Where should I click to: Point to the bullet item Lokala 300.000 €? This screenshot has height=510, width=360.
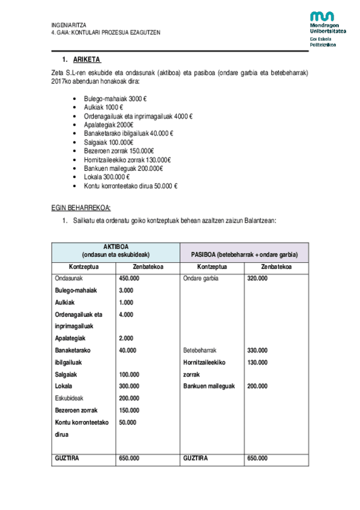click(107, 177)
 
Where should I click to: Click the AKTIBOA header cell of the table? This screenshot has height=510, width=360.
click(116, 251)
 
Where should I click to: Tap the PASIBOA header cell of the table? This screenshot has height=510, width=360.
click(244, 254)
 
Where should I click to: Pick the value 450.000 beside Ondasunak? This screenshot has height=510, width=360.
click(129, 278)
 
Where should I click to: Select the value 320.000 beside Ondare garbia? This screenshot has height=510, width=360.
click(257, 278)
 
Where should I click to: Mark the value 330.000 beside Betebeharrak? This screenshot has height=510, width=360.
click(257, 350)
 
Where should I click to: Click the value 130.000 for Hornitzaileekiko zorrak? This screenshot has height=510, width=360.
click(257, 362)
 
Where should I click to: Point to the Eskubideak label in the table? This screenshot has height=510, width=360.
click(69, 398)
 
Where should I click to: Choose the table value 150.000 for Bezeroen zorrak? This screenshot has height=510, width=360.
click(129, 410)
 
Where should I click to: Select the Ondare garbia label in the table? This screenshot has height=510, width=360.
click(201, 278)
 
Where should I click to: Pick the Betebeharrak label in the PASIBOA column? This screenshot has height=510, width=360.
click(200, 350)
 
